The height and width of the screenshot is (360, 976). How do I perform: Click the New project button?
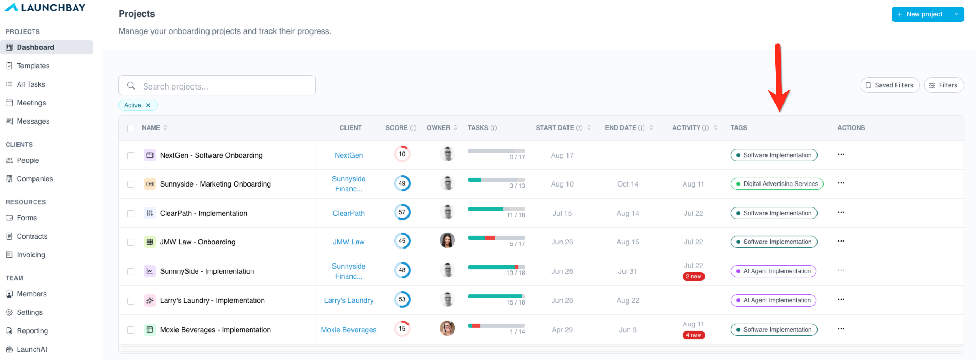tap(920, 14)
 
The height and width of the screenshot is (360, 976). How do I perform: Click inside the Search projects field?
tap(217, 86)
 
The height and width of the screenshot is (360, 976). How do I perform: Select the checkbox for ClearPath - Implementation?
tap(131, 213)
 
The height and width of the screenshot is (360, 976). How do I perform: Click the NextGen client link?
tap(348, 155)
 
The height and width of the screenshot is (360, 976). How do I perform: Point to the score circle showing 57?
tap(402, 212)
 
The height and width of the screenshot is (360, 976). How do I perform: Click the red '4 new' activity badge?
tap(693, 335)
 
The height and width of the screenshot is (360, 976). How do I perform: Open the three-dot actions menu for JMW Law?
tap(841, 241)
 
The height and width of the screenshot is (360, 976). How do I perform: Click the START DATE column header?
tap(555, 128)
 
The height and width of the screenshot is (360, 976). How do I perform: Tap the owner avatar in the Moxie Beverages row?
tap(447, 328)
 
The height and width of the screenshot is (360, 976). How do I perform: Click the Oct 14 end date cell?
tap(628, 184)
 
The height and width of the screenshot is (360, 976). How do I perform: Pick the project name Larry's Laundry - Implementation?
tap(212, 300)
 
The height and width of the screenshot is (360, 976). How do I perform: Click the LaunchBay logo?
tap(44, 7)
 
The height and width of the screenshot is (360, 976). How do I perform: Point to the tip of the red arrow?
tap(779, 111)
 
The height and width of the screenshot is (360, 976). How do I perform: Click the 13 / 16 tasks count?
tap(516, 273)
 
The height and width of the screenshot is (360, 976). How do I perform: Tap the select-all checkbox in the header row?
tap(131, 128)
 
